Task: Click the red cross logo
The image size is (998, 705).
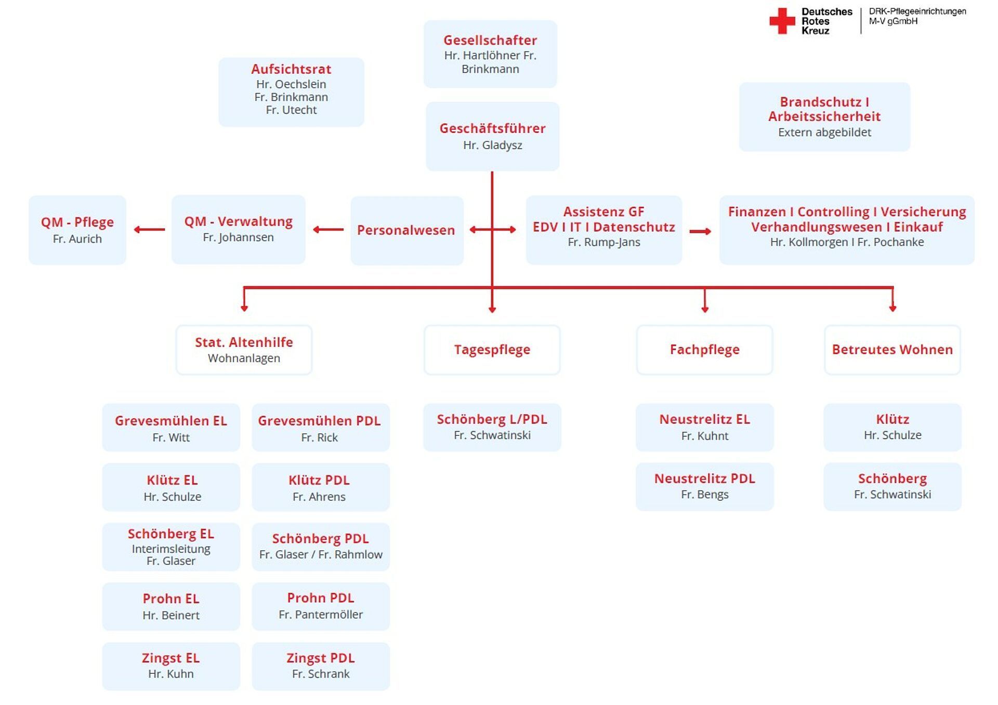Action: pos(782,21)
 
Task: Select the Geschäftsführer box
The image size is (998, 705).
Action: pos(492,136)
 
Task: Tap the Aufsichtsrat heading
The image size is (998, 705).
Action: pos(291,69)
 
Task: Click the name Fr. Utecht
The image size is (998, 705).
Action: pos(291,110)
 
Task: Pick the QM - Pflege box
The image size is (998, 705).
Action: pos(77,230)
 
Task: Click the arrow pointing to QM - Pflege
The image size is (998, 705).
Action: pos(149,230)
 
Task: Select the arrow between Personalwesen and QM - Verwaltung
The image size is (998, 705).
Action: pos(328,230)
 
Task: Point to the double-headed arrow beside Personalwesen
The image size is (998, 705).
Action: pos(492,230)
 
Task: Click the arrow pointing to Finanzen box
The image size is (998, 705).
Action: pos(700,231)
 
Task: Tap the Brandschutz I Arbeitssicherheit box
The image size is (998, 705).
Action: pos(824,117)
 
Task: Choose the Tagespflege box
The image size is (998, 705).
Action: pos(492,350)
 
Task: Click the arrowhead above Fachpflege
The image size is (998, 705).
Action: pos(705,309)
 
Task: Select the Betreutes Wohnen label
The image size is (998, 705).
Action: pos(892,350)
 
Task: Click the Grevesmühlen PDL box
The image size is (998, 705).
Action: pos(321,428)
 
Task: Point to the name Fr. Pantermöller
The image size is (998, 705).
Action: pos(321,615)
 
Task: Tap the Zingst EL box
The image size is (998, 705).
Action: pos(171,666)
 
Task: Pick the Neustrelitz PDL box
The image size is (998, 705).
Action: pos(704,487)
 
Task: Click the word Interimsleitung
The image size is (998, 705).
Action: pos(171,549)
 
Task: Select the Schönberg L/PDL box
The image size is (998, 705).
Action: pos(492,427)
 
